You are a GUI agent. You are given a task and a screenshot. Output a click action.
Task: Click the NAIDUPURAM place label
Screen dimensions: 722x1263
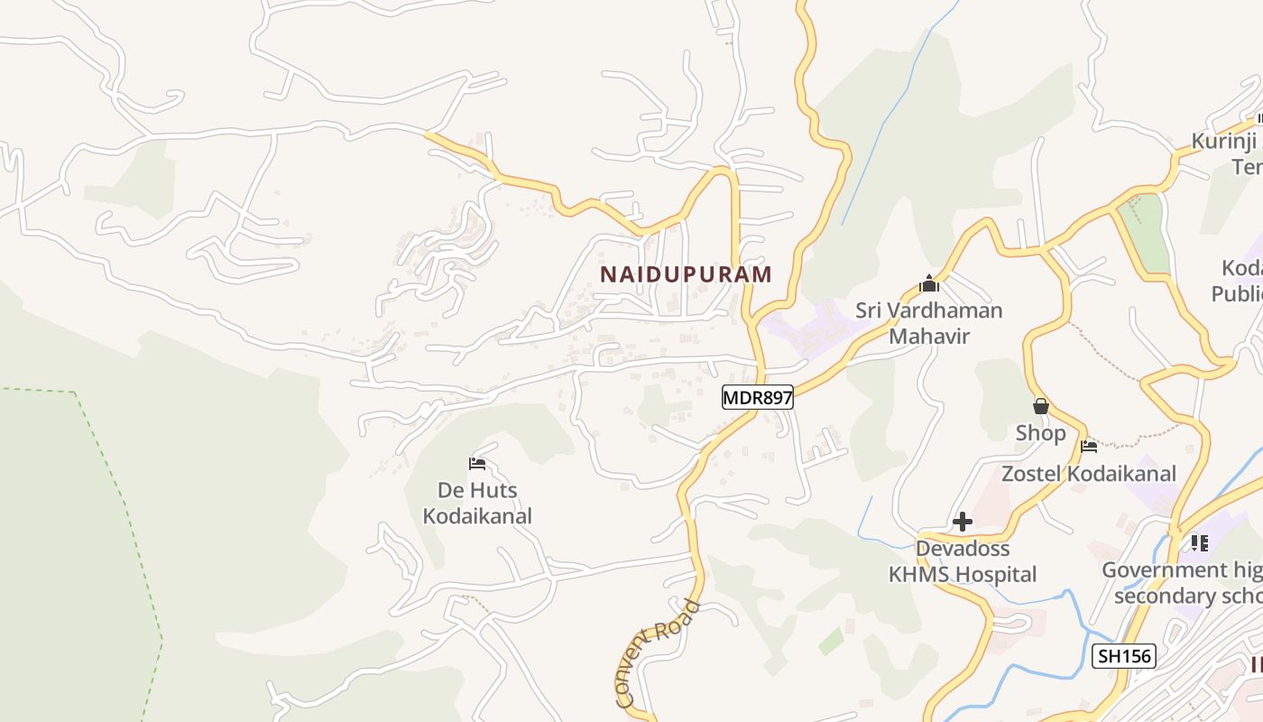click(686, 274)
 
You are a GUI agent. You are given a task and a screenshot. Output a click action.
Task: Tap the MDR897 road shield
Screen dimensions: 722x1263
click(758, 397)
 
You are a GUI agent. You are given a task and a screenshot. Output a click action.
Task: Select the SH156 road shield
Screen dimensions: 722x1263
click(1123, 656)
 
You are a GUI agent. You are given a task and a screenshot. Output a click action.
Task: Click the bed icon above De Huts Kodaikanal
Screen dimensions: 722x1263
click(477, 465)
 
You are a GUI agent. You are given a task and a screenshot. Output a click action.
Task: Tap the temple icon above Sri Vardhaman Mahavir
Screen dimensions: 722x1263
click(929, 284)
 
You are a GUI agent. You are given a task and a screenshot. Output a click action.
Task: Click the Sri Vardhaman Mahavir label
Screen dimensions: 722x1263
click(928, 323)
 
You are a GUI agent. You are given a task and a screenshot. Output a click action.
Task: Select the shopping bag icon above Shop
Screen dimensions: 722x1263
click(1041, 406)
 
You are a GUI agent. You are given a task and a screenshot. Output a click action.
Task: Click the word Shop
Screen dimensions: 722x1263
click(1041, 433)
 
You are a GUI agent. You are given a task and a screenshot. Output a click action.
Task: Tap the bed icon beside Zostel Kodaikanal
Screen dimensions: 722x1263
click(1089, 446)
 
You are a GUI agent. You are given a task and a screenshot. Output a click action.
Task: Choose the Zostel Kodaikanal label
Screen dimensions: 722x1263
click(1089, 474)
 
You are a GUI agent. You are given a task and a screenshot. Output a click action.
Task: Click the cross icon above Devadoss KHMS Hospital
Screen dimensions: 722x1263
click(963, 522)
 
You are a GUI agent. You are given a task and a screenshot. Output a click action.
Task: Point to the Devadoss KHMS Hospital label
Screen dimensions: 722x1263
click(963, 561)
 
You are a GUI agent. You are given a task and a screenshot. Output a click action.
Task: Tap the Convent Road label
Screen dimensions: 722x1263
click(657, 653)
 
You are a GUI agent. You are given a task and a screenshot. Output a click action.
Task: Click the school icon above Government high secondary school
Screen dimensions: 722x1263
click(1199, 542)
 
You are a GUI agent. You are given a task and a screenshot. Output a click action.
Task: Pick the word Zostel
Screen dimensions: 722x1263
click(1034, 474)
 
